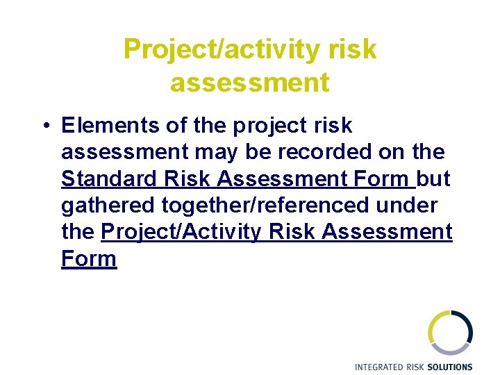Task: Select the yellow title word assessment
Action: [249, 83]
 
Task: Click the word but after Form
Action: [435, 179]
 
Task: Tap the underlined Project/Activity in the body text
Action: [182, 232]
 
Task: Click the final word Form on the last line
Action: [89, 258]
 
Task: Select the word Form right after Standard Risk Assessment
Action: [382, 179]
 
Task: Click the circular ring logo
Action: [449, 333]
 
